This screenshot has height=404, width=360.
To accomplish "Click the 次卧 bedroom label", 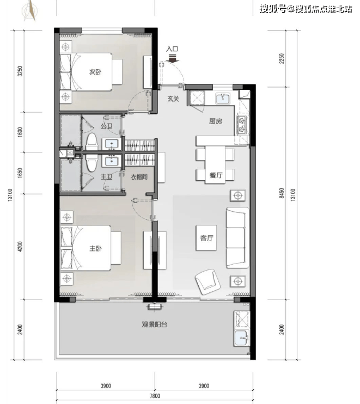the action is pyautogui.click(x=95, y=72).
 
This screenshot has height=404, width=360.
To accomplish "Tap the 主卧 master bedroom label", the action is pyautogui.click(x=96, y=248).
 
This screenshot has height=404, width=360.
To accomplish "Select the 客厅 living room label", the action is pyautogui.click(x=206, y=238).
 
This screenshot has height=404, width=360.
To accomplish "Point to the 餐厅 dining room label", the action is pyautogui.click(x=216, y=175).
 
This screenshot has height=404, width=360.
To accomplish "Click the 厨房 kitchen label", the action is pyautogui.click(x=216, y=121).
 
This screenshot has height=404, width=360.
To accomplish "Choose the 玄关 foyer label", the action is pyautogui.click(x=173, y=99).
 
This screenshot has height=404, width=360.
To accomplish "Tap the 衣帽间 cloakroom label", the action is pyautogui.click(x=139, y=177).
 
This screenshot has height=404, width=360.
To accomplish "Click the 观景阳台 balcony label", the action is pyautogui.click(x=155, y=324).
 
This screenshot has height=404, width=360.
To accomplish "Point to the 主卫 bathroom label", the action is pyautogui.click(x=106, y=177).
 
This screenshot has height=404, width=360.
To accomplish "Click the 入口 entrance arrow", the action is pyautogui.click(x=173, y=59).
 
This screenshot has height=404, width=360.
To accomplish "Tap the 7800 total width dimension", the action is pyautogui.click(x=155, y=396).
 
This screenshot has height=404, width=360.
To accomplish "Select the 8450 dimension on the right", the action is pyautogui.click(x=282, y=193).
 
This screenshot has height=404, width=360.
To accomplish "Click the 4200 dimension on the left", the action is pyautogui.click(x=20, y=247).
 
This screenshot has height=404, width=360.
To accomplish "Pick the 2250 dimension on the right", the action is pyautogui.click(x=282, y=58).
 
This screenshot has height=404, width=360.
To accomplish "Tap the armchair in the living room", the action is pyautogui.click(x=208, y=282).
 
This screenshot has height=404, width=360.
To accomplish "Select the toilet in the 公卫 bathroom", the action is pyautogui.click(x=91, y=142).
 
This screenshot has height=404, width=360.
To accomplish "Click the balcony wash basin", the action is pyautogui.click(x=242, y=338).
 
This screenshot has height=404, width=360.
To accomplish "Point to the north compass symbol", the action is pyautogui.click(x=31, y=11).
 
